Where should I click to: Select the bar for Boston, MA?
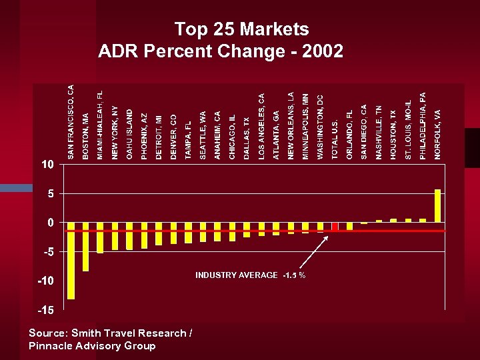click(x=85, y=246)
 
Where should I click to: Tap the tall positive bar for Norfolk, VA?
click(x=437, y=205)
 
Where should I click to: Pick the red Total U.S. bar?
click(x=335, y=226)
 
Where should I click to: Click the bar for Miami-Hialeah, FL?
click(x=100, y=237)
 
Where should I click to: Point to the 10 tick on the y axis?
click(x=46, y=164)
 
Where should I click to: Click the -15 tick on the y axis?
click(x=45, y=310)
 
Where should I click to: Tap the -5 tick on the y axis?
click(x=47, y=252)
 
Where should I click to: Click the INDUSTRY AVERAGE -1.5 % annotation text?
click(x=250, y=275)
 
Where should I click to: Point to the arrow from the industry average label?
click(x=313, y=252)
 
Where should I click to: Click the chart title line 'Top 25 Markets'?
click(x=241, y=29)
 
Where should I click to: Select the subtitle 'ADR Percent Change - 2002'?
click(x=221, y=51)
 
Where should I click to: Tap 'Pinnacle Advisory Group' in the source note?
click(x=92, y=345)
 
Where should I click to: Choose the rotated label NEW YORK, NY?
click(x=115, y=131)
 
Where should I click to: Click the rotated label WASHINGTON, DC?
click(x=320, y=127)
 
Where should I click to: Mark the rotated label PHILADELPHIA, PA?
click(x=423, y=125)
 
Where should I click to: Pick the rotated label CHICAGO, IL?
click(x=232, y=136)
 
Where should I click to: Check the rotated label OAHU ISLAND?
click(x=129, y=134)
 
